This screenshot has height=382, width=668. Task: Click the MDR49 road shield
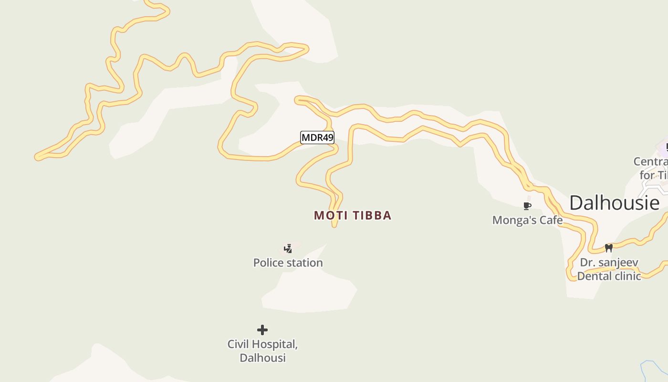point(317,138)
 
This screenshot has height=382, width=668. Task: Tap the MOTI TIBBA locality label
point(353,215)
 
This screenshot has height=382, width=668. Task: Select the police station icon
point(288,248)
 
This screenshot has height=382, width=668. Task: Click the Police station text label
point(288,263)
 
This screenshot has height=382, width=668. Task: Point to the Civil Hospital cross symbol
point(262,330)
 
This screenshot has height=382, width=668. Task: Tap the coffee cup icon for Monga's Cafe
point(527,206)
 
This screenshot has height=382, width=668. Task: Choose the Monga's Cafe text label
point(527,220)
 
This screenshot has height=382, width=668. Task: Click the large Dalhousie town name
point(614,203)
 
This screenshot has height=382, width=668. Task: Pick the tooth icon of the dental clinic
point(608,248)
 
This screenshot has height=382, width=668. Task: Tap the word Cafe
point(550,220)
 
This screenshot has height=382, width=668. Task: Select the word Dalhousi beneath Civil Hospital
point(262,358)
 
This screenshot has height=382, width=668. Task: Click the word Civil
point(238,344)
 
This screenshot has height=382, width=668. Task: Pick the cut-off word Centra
point(650,161)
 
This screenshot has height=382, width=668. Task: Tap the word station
point(304,263)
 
